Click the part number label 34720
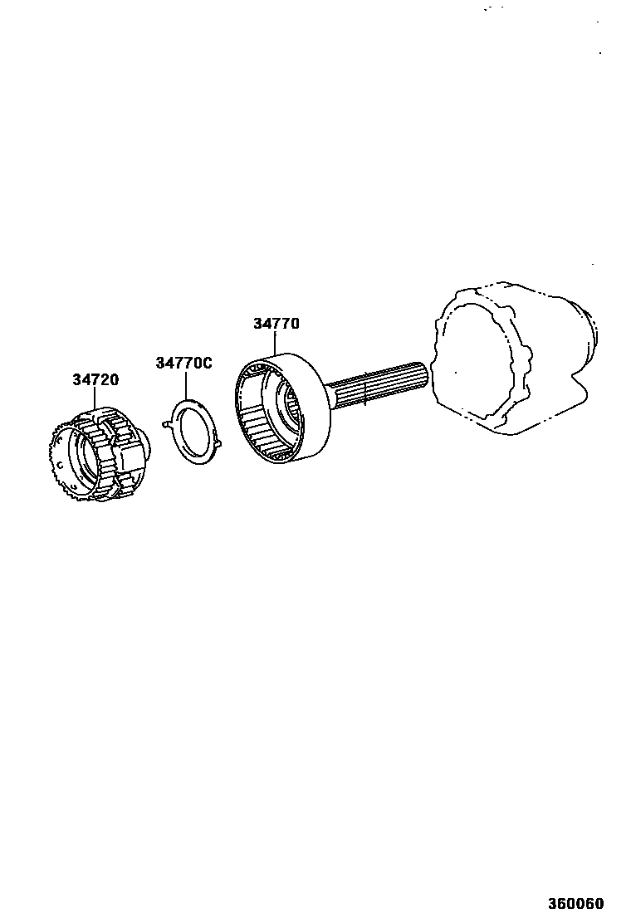[95, 380]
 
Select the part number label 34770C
[183, 363]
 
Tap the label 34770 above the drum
[276, 324]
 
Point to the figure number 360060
[575, 904]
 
